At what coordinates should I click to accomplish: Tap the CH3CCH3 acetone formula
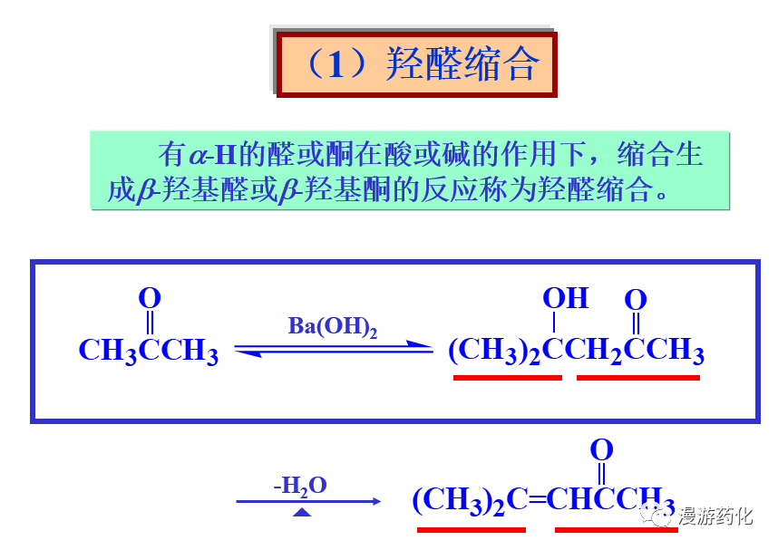pyautogui.click(x=149, y=352)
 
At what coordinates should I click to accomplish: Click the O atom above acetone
pyautogui.click(x=150, y=297)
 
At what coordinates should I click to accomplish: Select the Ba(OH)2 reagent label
pyautogui.click(x=332, y=327)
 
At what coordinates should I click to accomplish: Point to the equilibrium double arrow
pyautogui.click(x=334, y=349)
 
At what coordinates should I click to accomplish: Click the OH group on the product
pyautogui.click(x=565, y=298)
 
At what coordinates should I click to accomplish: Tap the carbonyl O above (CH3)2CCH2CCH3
pyautogui.click(x=637, y=300)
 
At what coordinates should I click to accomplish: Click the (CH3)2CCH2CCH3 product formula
pyautogui.click(x=576, y=352)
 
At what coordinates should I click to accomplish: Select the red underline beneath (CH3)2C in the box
pyautogui.click(x=507, y=377)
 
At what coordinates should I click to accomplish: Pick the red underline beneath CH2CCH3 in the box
pyautogui.click(x=638, y=377)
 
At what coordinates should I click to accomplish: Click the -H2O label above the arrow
pyautogui.click(x=300, y=486)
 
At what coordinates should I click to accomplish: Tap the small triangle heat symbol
pyautogui.click(x=303, y=513)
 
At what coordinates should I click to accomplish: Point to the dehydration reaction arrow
pyautogui.click(x=308, y=501)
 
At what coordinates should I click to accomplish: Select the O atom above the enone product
pyautogui.click(x=601, y=449)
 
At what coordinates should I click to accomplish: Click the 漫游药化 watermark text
pyautogui.click(x=715, y=517)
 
